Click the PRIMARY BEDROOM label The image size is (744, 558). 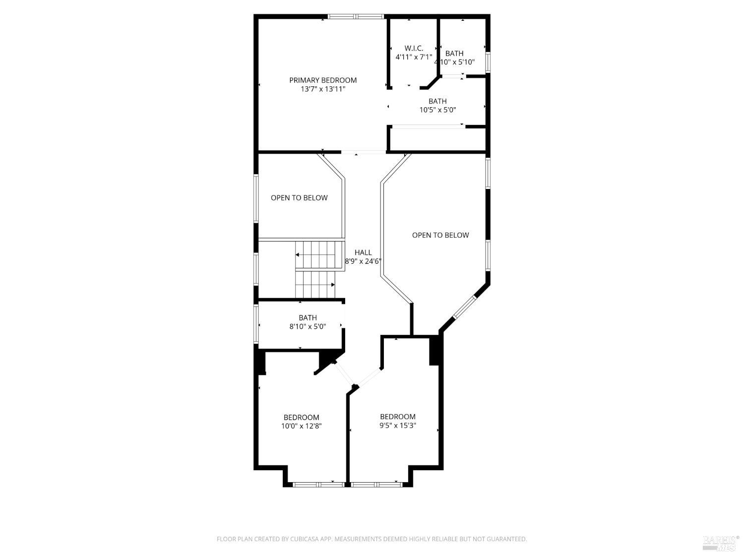323,80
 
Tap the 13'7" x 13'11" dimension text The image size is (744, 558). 323,89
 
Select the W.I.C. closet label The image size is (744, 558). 414,48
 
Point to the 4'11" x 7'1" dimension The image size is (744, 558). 414,57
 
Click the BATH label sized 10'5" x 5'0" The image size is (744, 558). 437,101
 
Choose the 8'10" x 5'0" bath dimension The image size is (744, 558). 308,326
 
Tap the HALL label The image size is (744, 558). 363,252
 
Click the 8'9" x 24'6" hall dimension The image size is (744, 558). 363,261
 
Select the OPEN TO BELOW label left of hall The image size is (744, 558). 299,198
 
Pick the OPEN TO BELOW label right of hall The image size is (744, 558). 440,235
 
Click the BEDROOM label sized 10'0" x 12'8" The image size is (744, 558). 301,417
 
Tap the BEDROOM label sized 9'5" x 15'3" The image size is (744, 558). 398,417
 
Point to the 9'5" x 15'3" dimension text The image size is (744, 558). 398,426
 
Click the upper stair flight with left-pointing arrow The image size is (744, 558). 319,254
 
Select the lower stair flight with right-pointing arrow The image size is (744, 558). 314,285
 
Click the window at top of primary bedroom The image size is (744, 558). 356,17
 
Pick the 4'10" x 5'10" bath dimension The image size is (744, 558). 454,62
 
